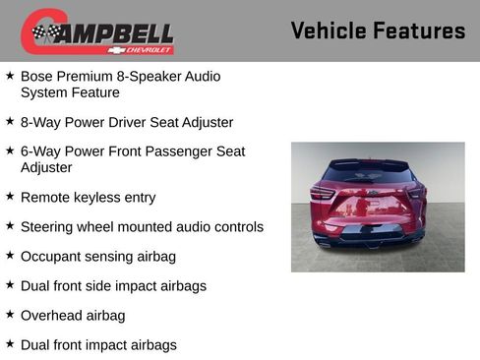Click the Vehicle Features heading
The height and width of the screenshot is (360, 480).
pos(378,30)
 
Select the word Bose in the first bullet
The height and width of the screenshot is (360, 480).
pos(38,76)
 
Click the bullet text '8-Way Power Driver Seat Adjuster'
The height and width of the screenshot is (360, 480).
pos(127,123)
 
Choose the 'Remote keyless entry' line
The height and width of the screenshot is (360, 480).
pos(88,198)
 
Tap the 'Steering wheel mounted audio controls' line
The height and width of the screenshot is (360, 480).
pos(142,227)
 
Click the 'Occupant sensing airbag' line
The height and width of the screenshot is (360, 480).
pos(97,257)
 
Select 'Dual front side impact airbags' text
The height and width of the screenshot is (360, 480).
pos(113,286)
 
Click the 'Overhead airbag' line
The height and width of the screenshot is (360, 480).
pos(73,316)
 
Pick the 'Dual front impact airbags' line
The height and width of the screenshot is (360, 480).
pos(98,345)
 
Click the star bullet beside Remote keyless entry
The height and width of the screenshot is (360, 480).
pos(10,197)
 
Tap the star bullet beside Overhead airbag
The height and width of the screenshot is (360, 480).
pos(10,315)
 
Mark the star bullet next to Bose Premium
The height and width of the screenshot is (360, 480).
pos(10,75)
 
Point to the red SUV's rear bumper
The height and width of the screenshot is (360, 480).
pos(369,232)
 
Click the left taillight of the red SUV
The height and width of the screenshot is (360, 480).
pos(325,193)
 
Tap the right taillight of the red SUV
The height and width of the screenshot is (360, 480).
pos(414,193)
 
